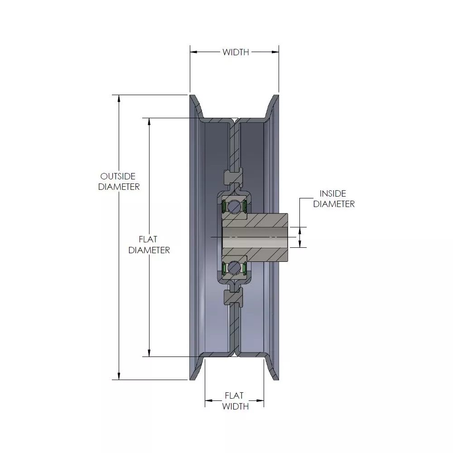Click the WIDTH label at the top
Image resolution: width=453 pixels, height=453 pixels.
[x=236, y=52]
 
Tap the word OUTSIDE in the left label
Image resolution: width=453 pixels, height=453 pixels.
[x=118, y=176]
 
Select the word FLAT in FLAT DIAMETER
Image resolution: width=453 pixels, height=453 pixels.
[x=148, y=239]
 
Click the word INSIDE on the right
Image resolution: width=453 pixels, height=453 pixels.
[x=333, y=193]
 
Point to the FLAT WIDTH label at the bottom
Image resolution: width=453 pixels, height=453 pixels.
[x=235, y=401]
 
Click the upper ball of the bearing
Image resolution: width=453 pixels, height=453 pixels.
[x=233, y=207]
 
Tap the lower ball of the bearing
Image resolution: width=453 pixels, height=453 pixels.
[x=233, y=268]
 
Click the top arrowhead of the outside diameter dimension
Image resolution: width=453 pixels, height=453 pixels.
[x=119, y=98]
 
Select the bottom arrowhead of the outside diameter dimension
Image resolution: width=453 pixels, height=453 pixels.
[x=119, y=376]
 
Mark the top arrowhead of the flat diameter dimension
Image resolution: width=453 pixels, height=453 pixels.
[x=149, y=121]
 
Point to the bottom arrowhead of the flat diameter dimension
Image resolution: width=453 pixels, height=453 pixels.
[x=149, y=353]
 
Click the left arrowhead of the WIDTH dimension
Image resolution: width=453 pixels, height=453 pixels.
[x=194, y=52]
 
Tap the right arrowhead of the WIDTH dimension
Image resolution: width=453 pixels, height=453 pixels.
[x=275, y=52]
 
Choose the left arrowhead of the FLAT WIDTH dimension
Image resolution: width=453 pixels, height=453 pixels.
[x=209, y=401]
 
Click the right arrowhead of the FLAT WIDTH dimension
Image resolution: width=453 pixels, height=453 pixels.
[x=260, y=401]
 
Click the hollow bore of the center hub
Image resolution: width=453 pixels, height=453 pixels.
[x=255, y=237]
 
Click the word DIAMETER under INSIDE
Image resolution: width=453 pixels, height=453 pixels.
[x=334, y=204]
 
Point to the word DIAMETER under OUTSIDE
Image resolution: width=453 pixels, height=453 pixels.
[x=119, y=187]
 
